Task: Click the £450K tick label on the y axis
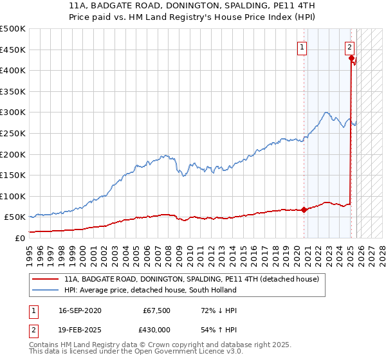point(13,50)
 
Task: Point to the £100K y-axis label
point(13,196)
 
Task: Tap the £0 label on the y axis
point(19,238)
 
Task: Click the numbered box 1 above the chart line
point(302,46)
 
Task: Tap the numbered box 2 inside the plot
point(349,46)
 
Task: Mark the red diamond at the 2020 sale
point(304,209)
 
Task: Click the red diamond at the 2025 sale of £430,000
point(351,58)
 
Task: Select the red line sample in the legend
point(45,280)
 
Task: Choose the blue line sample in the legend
point(45,291)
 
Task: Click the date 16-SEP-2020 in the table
point(79,310)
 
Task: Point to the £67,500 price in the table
point(155,310)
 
